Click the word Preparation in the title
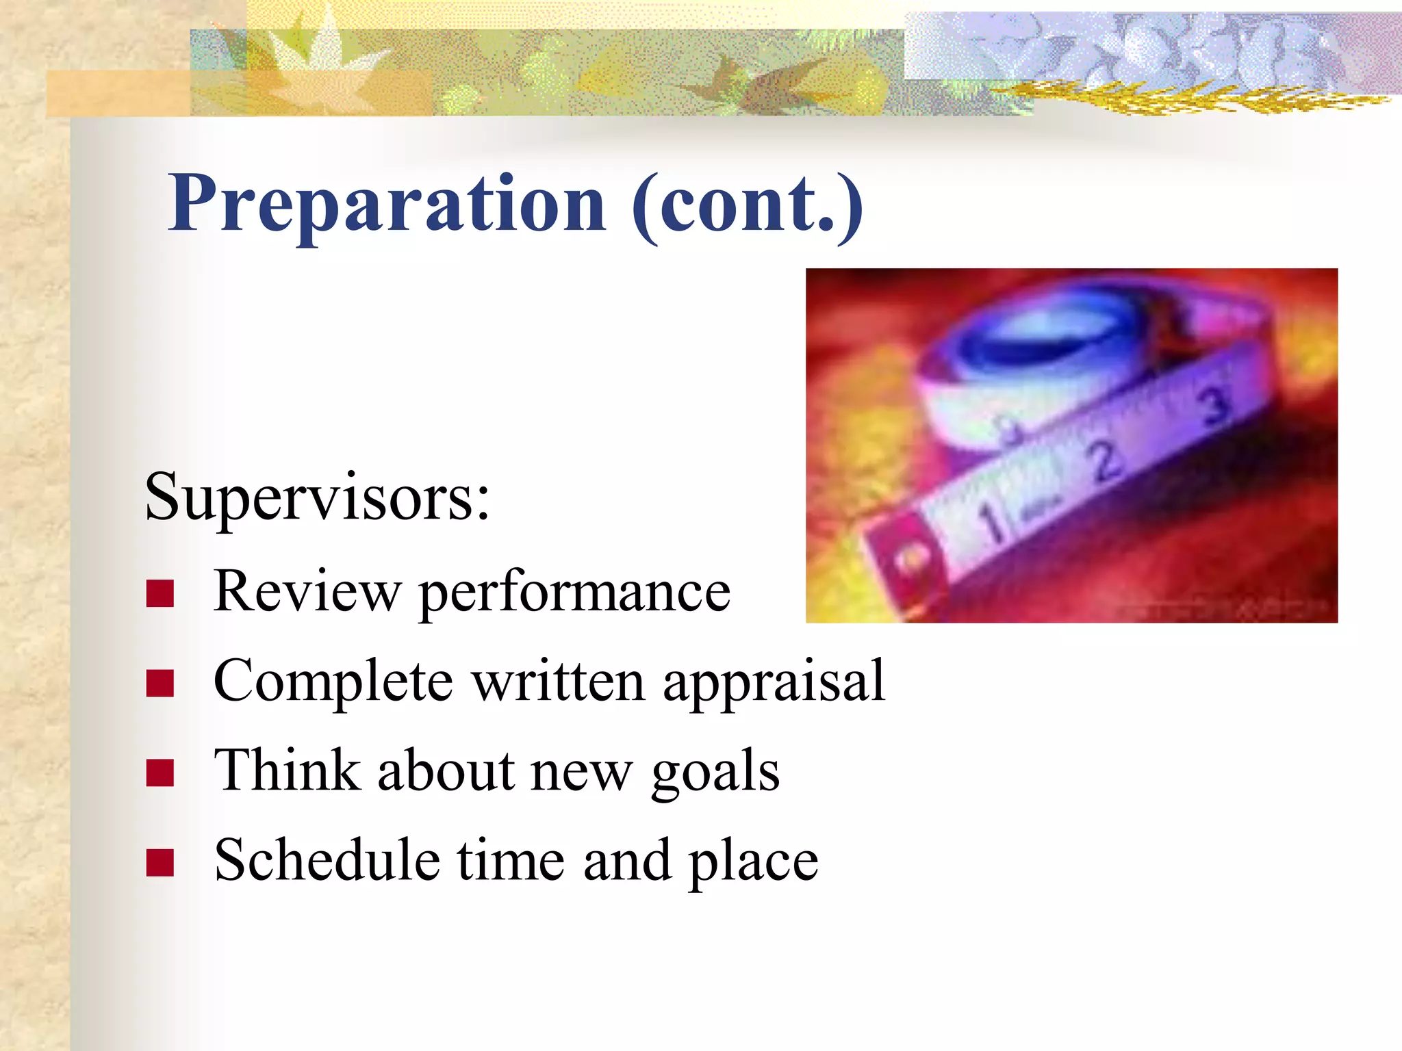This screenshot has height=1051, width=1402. point(387,204)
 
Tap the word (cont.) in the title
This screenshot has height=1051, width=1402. point(748,204)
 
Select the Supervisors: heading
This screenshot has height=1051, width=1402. point(317,497)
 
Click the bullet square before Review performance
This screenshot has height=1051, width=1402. point(160,593)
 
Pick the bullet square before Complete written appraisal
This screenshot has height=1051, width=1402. point(160,683)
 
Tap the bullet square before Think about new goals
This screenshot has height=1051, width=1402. point(160,773)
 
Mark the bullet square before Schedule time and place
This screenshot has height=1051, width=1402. point(160,862)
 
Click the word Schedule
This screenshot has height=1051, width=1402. point(327,860)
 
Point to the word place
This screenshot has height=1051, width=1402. point(753,862)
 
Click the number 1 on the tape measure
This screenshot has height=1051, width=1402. point(991,523)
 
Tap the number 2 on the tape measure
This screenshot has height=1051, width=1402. point(1104,463)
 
